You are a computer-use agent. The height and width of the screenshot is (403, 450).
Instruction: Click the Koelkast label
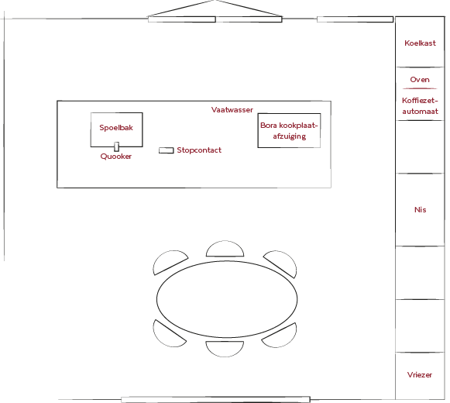click(x=420, y=43)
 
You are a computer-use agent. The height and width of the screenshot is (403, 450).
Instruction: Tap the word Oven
click(x=420, y=80)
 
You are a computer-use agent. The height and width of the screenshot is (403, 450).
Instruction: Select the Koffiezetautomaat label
click(x=420, y=105)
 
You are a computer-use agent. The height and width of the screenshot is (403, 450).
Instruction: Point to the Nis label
click(x=420, y=210)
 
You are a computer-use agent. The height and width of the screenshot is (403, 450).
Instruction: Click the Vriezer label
click(x=420, y=374)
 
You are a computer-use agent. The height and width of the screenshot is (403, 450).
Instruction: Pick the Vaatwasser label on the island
click(x=232, y=110)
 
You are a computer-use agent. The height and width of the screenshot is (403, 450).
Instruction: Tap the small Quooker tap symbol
click(x=116, y=146)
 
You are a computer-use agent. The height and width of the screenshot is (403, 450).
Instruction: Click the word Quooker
click(x=116, y=157)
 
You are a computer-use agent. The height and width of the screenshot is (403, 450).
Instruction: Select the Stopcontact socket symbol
click(x=167, y=150)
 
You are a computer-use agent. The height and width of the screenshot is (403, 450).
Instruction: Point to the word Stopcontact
click(x=199, y=150)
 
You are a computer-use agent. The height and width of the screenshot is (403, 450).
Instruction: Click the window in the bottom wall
click(x=215, y=400)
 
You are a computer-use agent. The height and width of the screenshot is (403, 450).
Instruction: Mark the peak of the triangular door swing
click(x=215, y=1)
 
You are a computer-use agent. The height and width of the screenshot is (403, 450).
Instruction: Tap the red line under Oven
click(x=420, y=88)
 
